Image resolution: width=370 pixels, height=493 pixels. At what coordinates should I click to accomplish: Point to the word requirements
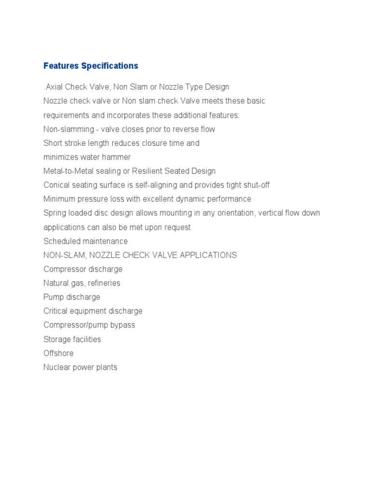(66, 116)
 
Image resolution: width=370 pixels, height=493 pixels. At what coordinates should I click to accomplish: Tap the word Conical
(57, 185)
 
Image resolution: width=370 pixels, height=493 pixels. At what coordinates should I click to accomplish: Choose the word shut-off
(256, 185)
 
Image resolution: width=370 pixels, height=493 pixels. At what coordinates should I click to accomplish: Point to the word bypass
(123, 325)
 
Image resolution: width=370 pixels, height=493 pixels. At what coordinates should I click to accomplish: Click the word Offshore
(58, 353)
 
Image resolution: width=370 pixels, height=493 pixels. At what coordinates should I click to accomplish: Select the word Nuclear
(57, 367)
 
